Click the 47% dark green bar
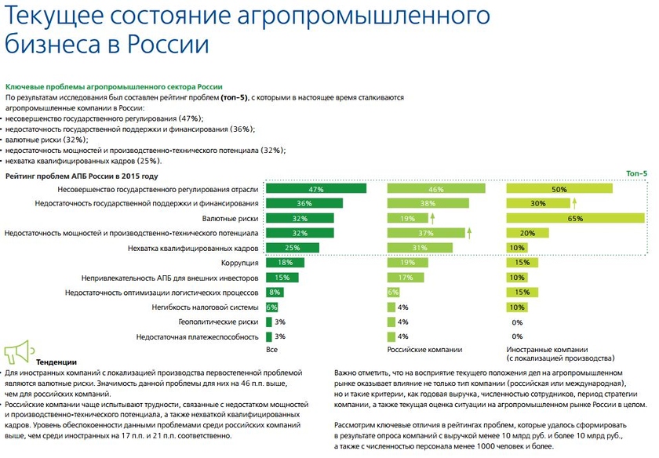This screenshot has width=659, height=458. click(316, 189)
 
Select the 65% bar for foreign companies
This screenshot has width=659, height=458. click(577, 219)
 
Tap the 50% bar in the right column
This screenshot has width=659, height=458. click(559, 189)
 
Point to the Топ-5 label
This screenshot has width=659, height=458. click(636, 173)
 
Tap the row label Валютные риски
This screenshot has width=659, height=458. click(231, 219)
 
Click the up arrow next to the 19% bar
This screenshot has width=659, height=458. click(432, 219)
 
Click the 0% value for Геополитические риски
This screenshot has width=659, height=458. click(517, 322)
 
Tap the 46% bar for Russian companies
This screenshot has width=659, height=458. click(435, 189)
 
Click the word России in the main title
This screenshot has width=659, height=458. click(170, 43)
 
